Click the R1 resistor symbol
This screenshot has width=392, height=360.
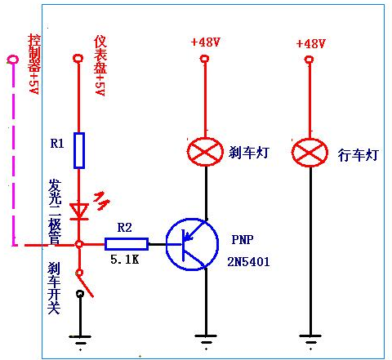coord(79,150)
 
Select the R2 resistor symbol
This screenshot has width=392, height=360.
coord(127,244)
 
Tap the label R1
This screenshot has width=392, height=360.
coord(57,143)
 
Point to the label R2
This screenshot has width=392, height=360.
coord(125,228)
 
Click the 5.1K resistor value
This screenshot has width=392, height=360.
coord(125,260)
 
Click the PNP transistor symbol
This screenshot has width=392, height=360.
coord(192,244)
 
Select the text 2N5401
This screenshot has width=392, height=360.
coord(248,262)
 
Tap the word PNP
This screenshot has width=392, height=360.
coord(243,239)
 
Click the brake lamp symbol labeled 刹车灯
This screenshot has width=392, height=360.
coord(205,152)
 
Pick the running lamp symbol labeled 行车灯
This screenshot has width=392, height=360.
coord(310,153)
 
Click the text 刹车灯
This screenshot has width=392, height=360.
coord(249,153)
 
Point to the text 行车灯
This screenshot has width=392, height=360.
coord(359,155)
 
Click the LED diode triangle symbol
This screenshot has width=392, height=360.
coord(79,211)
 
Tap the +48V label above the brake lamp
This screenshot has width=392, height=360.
coord(206,42)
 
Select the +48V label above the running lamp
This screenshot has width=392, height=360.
coord(311,43)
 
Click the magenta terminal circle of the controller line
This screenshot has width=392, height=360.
coord(12,60)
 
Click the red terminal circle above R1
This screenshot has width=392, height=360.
coord(78,58)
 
